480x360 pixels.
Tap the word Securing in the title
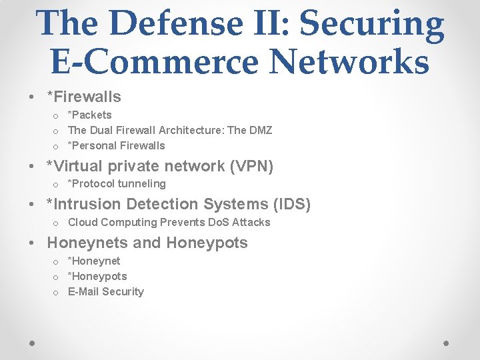click(x=371, y=24)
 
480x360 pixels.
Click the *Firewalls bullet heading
click(x=83, y=97)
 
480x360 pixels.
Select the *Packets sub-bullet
click(x=90, y=115)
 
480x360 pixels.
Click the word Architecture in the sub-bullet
click(x=190, y=130)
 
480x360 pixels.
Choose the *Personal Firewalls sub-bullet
click(x=117, y=145)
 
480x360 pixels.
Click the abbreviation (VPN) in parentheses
click(x=252, y=166)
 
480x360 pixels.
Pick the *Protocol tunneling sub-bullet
click(x=117, y=183)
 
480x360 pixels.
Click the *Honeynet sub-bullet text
click(x=94, y=261)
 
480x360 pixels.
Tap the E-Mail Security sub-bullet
click(x=106, y=291)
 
